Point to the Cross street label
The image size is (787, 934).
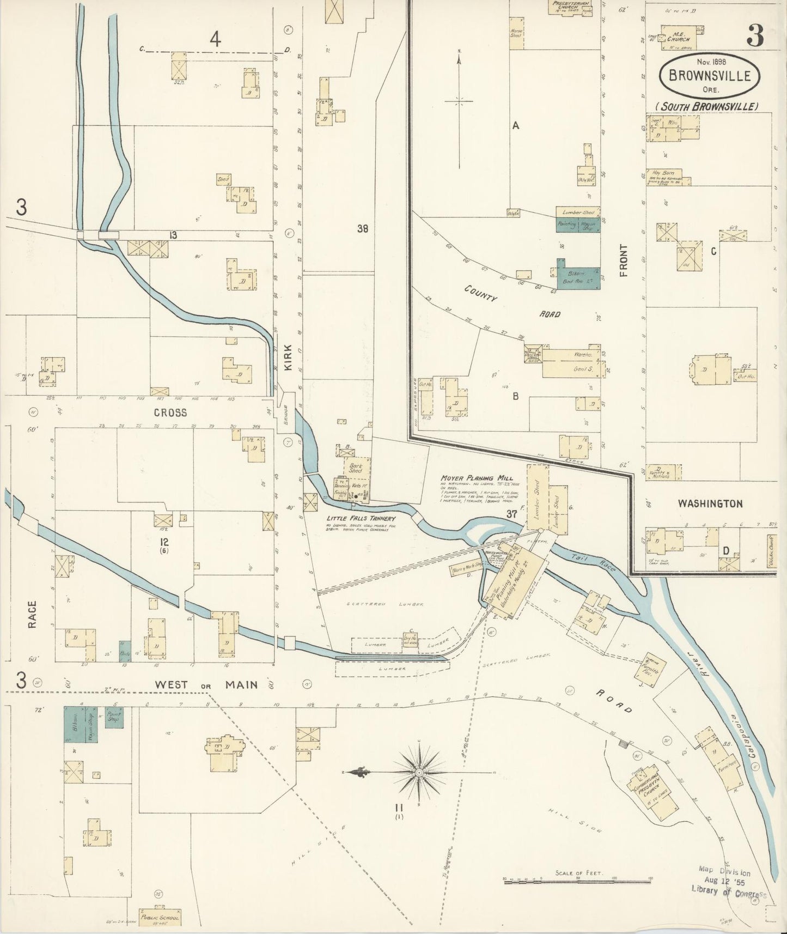[x=170, y=413]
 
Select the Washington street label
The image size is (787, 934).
[x=710, y=504]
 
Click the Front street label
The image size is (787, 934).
[x=624, y=260]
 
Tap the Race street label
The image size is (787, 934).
[x=32, y=614]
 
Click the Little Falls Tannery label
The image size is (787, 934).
[x=361, y=518]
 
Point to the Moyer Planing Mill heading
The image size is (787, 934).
[x=477, y=478]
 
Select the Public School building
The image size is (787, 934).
[x=160, y=917]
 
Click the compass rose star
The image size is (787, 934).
[x=420, y=773]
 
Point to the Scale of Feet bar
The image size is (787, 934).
[x=577, y=879]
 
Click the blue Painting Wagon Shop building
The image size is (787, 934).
[x=577, y=225]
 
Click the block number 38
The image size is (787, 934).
[x=362, y=229]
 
